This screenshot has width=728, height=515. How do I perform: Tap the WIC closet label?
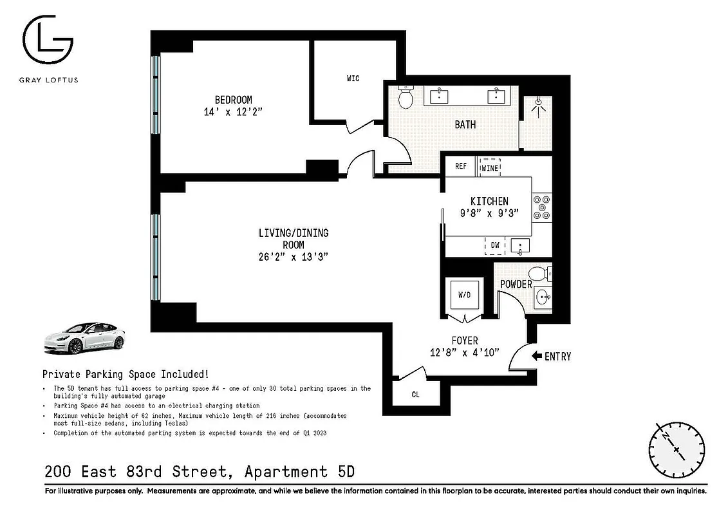point(353,79)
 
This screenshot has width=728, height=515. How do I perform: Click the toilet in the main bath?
point(406,98)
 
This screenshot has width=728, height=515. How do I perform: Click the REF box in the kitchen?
point(461,166)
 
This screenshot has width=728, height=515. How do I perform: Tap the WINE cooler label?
point(490,167)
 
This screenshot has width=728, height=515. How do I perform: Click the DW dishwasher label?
point(495,245)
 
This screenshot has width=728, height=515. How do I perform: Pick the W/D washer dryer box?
point(464,295)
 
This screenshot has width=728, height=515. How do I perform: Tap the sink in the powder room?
point(542,297)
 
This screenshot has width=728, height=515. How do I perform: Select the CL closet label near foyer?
point(415,395)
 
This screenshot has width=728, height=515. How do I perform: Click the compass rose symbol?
point(676,449)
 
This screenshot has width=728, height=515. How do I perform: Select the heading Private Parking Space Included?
point(125,373)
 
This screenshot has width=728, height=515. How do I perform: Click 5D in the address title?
point(345,472)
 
